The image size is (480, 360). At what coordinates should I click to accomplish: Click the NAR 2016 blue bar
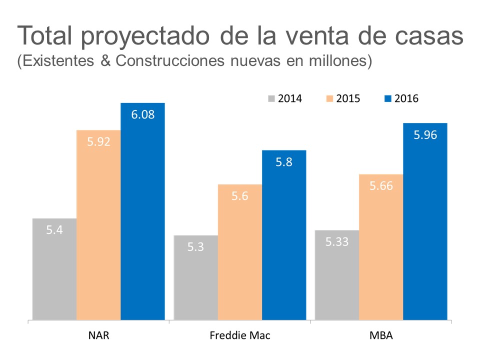[142, 215]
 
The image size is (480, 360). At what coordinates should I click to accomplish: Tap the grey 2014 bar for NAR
[54, 270]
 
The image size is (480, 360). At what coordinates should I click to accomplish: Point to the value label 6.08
[143, 114]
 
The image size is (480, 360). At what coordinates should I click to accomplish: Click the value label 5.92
[98, 141]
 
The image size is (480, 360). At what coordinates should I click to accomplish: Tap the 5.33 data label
[337, 242]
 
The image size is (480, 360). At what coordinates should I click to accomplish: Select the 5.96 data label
[425, 134]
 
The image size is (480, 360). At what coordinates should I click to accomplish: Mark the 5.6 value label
[240, 196]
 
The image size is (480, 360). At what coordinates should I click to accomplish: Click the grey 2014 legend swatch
[271, 98]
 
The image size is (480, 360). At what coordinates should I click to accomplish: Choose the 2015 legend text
[348, 98]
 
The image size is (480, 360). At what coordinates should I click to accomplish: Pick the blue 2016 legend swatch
[388, 98]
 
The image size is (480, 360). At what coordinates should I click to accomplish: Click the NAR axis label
[98, 335]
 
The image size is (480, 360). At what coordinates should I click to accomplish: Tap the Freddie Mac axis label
[240, 335]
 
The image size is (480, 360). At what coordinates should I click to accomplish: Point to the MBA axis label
[381, 335]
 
